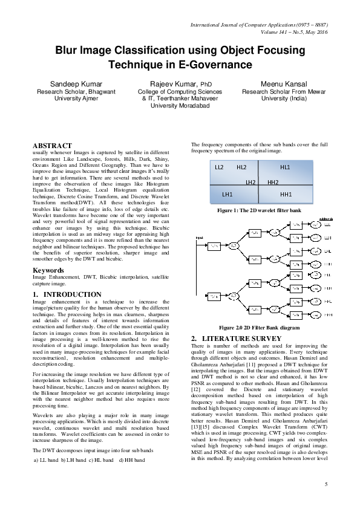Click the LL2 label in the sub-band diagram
pyautogui.click(x=219, y=167)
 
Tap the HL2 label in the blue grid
pyautogui.click(x=241, y=167)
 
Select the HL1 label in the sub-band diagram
pyautogui.click(x=285, y=167)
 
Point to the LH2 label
pyautogui.click(x=250, y=182)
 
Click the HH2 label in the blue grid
pyautogui.click(x=273, y=182)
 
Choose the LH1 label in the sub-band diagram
pyautogui.click(x=227, y=194)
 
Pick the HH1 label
pyautogui.click(x=286, y=194)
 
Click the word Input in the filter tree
pyautogui.click(x=200, y=238)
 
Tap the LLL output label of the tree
pyautogui.click(x=328, y=225)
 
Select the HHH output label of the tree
pyautogui.click(x=328, y=316)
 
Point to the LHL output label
pyautogui.click(x=328, y=251)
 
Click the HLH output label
pyautogui.click(x=328, y=288)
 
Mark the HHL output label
pyautogui.click(x=328, y=302)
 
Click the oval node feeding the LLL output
pyautogui.click(x=315, y=225)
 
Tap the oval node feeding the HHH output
pyautogui.click(x=315, y=316)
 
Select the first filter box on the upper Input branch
pyautogui.click(x=214, y=245)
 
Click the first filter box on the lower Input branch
pyautogui.click(x=214, y=296)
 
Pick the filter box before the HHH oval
pyautogui.click(x=296, y=316)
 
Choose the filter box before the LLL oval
pyautogui.click(x=296, y=225)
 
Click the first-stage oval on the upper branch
pyautogui.click(x=234, y=245)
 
